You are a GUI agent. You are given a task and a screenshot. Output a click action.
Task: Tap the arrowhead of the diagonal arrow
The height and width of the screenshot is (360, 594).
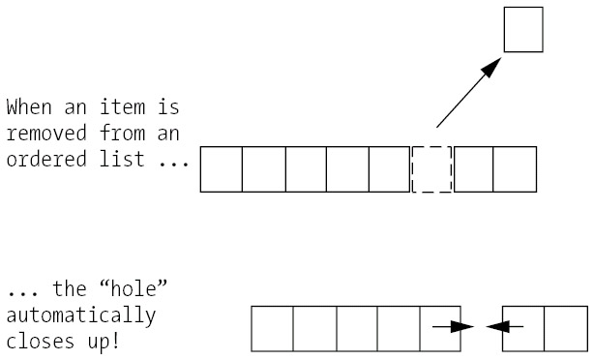coord(490,68)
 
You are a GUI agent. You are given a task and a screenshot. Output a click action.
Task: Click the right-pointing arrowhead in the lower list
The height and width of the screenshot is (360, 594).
coord(462,326)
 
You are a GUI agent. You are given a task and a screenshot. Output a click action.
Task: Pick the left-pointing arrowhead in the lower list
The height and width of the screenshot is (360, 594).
coord(498,326)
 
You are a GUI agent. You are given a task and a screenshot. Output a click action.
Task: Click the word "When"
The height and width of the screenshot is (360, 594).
coord(29,106)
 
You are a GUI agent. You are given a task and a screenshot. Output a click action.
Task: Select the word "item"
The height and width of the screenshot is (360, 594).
coord(122,106)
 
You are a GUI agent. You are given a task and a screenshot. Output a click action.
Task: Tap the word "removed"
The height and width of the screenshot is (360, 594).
coord(46,134)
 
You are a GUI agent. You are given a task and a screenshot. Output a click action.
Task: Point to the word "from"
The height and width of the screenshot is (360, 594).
coord(122,134)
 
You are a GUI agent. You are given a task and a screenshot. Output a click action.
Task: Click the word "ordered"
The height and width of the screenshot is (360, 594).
coord(46,159)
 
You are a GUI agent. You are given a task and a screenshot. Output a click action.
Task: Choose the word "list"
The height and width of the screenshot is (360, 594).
coord(122,159)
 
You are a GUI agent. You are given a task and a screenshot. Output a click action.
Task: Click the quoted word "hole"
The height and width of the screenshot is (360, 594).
coord(133,289)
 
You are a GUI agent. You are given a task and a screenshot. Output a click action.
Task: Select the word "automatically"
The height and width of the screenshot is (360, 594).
coord(81,316)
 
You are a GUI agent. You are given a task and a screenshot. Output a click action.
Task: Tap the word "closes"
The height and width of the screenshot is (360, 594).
coord(40,342)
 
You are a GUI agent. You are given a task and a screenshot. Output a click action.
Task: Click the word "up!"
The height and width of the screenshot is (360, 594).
coord(104,343)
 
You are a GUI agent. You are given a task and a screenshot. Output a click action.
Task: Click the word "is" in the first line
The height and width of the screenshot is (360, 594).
coord(168,106)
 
